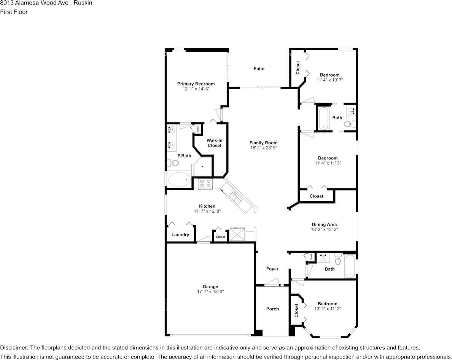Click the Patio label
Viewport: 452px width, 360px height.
tap(259, 69)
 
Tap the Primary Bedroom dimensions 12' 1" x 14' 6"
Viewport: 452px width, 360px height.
tap(196, 89)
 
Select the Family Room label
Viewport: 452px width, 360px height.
tap(263, 143)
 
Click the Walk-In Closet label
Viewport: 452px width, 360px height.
tap(214, 143)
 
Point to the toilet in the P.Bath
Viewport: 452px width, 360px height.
tap(173, 163)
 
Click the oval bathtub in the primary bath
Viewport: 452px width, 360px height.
tap(179, 179)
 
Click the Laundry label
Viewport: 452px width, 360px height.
tap(180, 235)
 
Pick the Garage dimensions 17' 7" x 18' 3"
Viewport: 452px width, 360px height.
tap(210, 292)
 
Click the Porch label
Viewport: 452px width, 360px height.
tap(272, 309)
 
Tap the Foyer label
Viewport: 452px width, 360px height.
tap(272, 269)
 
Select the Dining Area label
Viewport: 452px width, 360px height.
tap(324, 225)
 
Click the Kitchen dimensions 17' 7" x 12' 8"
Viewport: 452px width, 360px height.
tap(207, 211)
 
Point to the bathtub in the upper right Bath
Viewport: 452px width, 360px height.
tap(323, 118)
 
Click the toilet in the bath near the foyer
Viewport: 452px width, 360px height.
tap(338, 261)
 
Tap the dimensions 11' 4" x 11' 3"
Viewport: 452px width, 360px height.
tap(328, 163)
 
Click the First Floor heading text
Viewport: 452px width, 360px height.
tap(14, 12)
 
